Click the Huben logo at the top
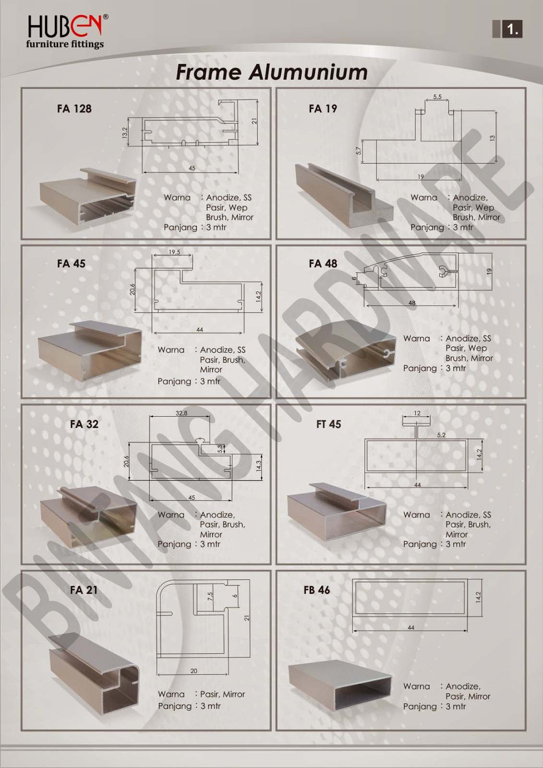pyautogui.click(x=65, y=31)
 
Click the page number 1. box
pyautogui.click(x=507, y=30)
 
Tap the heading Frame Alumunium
pyautogui.click(x=272, y=72)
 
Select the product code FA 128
pyautogui.click(x=74, y=109)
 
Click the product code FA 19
pyautogui.click(x=323, y=109)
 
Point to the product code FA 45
pyautogui.click(x=71, y=264)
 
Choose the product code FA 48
pyautogui.click(x=323, y=264)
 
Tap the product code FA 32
pyautogui.click(x=84, y=424)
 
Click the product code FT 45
pyautogui.click(x=328, y=424)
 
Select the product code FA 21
pyautogui.click(x=84, y=590)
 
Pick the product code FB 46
pyautogui.click(x=316, y=590)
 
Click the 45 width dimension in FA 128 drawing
pyautogui.click(x=192, y=168)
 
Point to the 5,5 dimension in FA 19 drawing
pyautogui.click(x=437, y=97)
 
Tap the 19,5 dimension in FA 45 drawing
pyautogui.click(x=174, y=252)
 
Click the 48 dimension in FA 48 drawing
pyautogui.click(x=411, y=303)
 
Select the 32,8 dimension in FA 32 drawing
pyautogui.click(x=181, y=413)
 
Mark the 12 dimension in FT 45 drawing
pyautogui.click(x=417, y=413)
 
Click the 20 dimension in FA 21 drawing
pyautogui.click(x=193, y=671)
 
